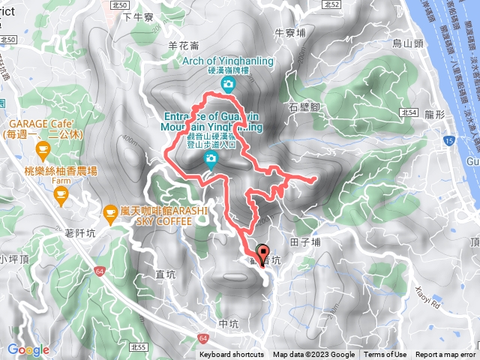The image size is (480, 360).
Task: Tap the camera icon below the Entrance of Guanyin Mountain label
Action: tap(211, 158)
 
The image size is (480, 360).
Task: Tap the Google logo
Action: tap(28, 349)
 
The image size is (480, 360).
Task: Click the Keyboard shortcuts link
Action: tap(231, 355)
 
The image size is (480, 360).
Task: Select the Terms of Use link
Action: tap(385, 355)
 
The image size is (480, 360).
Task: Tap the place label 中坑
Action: tap(229, 323)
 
